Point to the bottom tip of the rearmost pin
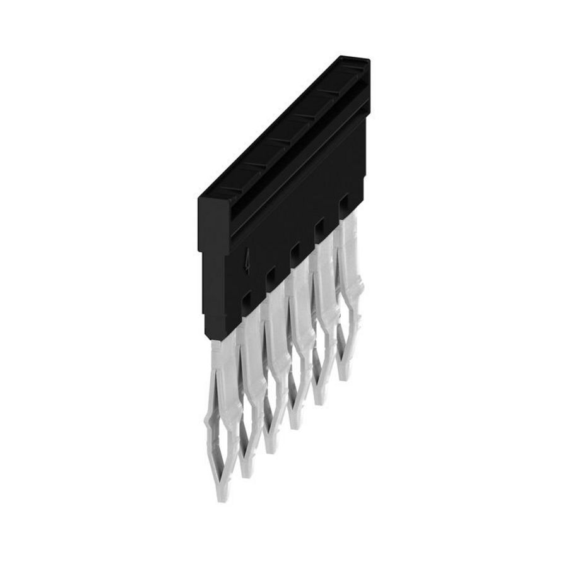point(344,377)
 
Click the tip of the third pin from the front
point(273,449)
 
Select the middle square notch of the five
point(294,251)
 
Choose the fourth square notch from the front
point(319,225)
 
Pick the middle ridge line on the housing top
point(278,140)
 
